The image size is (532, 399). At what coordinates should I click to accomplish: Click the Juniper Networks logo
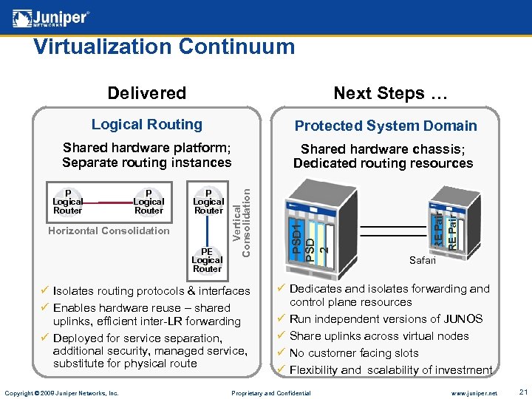[x=51, y=17]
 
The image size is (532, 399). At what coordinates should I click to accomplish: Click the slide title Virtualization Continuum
[x=164, y=47]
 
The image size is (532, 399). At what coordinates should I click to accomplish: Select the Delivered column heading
[x=146, y=93]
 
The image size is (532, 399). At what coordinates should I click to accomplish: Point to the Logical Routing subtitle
[x=146, y=124]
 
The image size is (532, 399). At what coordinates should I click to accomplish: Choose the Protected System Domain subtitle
[x=386, y=126]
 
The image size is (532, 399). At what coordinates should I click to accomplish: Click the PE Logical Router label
[x=207, y=260]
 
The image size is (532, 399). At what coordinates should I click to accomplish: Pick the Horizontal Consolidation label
[x=109, y=231]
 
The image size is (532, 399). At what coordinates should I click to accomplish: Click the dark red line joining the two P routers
[x=108, y=202]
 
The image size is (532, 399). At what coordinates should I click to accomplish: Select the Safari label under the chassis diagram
[x=423, y=260]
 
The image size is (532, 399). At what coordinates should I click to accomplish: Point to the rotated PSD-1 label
[x=296, y=236]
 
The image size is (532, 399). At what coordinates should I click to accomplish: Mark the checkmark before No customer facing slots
[x=281, y=353]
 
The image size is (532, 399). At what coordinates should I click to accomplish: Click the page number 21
[x=522, y=392]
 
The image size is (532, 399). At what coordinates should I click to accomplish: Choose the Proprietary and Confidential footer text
[x=271, y=392]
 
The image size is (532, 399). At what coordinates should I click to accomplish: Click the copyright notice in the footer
[x=61, y=392]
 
